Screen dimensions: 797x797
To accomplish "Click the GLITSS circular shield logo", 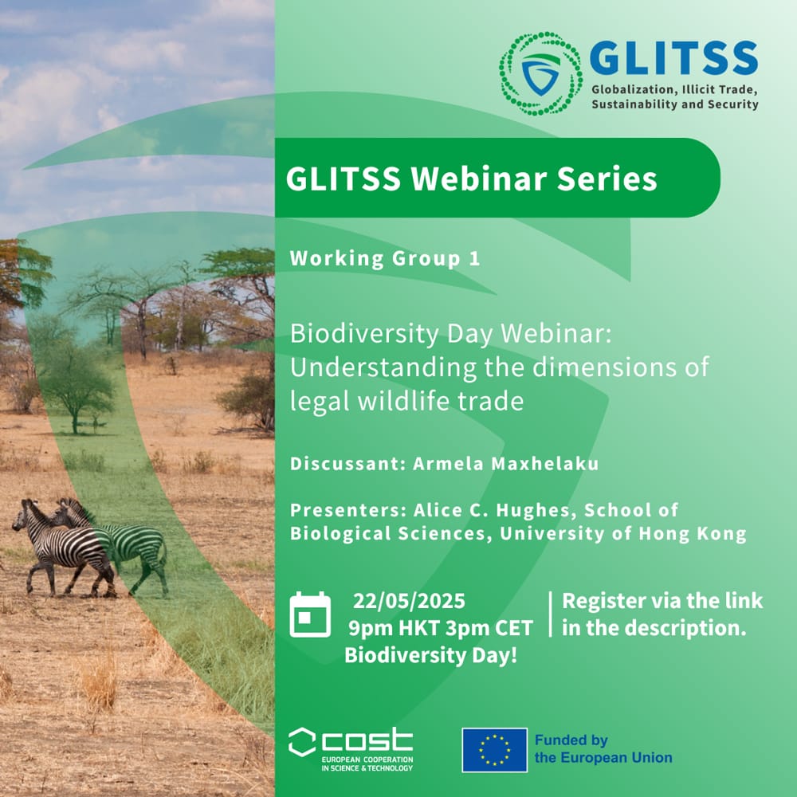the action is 541,73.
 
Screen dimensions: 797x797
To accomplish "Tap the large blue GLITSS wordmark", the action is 674,58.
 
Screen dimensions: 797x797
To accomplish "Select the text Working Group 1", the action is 385,258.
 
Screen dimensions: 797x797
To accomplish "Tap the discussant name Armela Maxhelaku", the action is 506,464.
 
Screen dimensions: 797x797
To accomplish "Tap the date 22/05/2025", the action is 409,601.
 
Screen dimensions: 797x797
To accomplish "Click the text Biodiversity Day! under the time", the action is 431,655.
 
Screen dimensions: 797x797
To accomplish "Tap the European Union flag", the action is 494,750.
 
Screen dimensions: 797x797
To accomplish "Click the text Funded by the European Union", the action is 603,749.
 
